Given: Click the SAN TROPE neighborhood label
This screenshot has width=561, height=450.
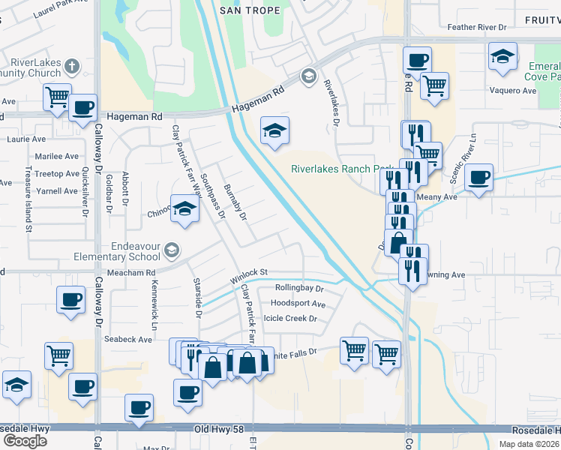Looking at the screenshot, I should (250, 10).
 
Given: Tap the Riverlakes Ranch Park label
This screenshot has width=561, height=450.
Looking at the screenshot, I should (341, 169).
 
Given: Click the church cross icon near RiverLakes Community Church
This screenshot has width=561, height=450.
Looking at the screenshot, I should (72, 65).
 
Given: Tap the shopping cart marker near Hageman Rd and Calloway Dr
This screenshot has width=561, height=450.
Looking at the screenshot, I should (57, 96).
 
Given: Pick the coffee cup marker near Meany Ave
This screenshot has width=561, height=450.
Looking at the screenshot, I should (478, 178).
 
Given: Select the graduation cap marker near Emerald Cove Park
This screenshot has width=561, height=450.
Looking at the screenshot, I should (502, 55).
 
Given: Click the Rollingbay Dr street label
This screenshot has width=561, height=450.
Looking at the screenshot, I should (298, 288).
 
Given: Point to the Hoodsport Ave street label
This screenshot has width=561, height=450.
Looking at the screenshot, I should (298, 304).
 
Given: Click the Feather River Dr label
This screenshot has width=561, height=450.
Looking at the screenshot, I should (477, 27).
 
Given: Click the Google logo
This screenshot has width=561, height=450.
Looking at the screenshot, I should (25, 441).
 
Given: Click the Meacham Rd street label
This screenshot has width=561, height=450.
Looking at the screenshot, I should (130, 273).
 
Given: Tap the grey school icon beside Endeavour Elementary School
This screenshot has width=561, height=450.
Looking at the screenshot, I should (172, 250).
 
